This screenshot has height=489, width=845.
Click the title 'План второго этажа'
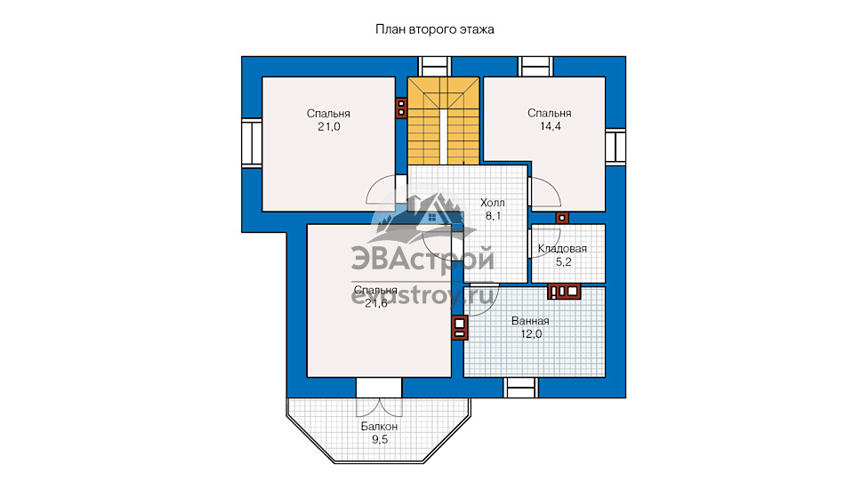pos(434,29)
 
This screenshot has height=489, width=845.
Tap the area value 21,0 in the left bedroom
pos(329,127)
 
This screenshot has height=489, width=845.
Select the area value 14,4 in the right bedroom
pos(551,126)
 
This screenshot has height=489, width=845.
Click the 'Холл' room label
pos(493,203)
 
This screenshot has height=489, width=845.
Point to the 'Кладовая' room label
pos(562,249)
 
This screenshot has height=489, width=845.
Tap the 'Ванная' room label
pos(530,321)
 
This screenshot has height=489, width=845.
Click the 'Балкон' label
pos(380,427)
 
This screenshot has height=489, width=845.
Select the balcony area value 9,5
pos(380,440)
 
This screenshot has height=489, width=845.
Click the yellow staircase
pos(443,121)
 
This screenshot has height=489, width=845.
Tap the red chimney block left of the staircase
pos(401,108)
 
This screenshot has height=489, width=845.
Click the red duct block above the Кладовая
pos(562,218)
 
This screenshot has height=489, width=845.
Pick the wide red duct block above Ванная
pos(564,292)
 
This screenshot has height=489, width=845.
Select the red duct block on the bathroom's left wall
pos(459,328)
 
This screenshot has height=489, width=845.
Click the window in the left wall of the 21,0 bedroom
pos(251,143)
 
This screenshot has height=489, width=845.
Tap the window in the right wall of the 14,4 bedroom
pos(616,147)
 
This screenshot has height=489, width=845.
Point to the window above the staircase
pos(434,67)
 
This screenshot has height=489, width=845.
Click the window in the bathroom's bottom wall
pos(520,388)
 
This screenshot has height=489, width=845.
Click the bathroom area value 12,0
pos(531,334)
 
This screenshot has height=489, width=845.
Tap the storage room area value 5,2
pos(563,262)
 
